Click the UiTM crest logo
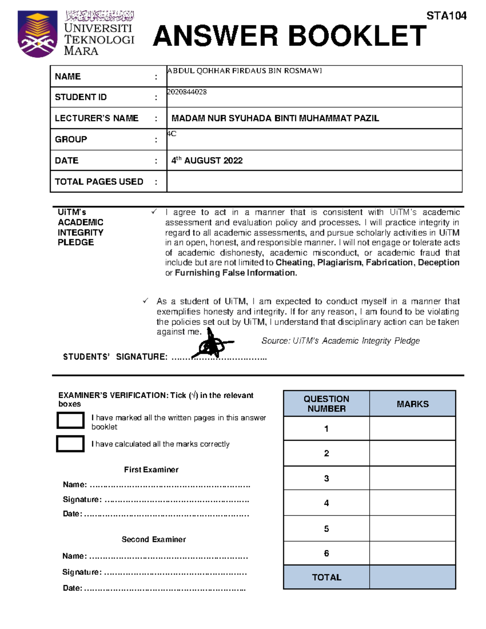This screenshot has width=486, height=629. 37,34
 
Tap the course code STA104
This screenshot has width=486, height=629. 446,16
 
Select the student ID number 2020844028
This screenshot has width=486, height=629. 187,92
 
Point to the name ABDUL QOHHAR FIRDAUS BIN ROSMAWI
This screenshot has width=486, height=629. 244,71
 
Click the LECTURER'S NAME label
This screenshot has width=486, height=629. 96,118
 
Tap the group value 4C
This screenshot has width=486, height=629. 172,134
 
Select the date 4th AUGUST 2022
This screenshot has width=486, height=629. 207,160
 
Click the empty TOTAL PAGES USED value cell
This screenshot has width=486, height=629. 314,181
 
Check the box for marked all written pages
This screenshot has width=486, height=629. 70,420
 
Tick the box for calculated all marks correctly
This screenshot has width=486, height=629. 70,444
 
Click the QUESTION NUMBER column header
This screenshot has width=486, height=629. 326,404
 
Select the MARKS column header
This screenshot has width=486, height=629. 412,404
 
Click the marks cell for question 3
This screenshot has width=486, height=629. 412,478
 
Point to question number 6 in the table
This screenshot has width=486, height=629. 326,553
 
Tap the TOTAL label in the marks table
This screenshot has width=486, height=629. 326,577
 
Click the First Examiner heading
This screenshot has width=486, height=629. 151,470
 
